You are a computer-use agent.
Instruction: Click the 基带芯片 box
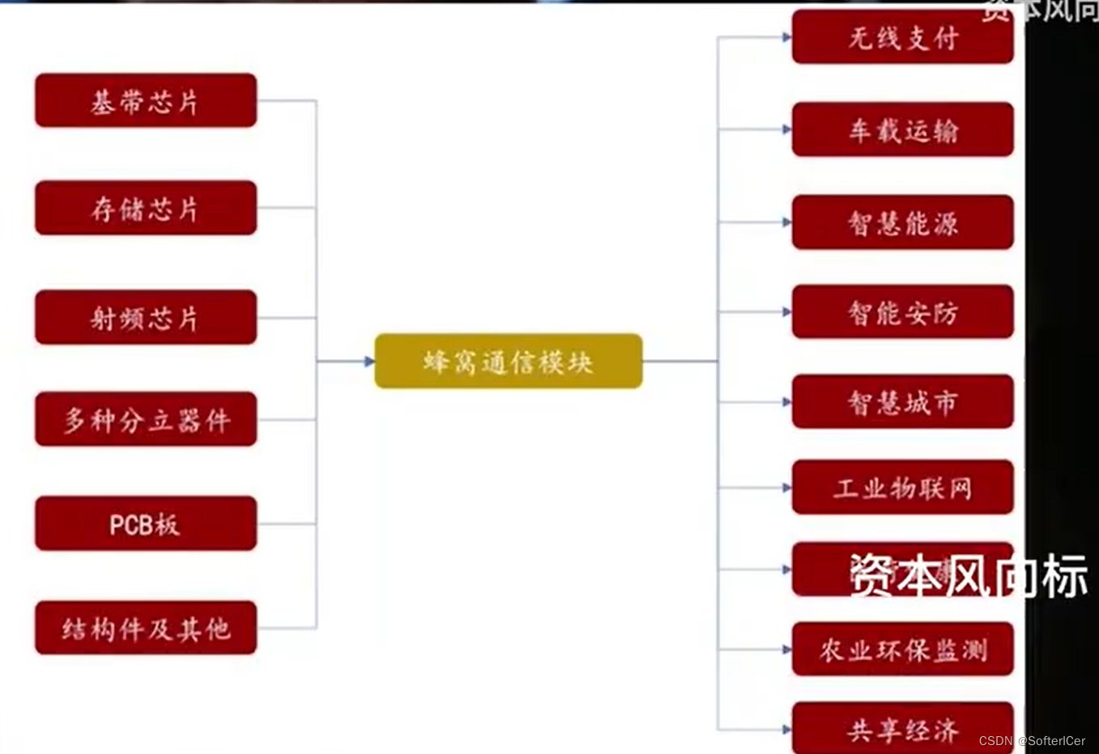(146, 100)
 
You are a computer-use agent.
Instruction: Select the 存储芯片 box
(146, 208)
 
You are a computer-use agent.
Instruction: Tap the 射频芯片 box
(146, 317)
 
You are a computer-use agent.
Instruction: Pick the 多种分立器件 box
(146, 419)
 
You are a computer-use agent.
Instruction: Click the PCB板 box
(146, 523)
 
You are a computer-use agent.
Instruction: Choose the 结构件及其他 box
(146, 628)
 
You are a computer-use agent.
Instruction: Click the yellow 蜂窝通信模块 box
(509, 361)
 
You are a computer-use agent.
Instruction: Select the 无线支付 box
(902, 37)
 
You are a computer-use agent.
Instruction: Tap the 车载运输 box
(902, 129)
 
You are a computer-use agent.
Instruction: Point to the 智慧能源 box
(902, 222)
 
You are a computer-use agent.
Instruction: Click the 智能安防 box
(902, 311)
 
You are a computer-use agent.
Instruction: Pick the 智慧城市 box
(902, 401)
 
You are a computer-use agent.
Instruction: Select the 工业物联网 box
(902, 487)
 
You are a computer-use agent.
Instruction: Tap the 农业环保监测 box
(902, 649)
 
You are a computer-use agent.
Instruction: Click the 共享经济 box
(902, 728)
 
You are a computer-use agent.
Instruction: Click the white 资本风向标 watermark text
(969, 576)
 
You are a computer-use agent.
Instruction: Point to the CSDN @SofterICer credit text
(1032, 741)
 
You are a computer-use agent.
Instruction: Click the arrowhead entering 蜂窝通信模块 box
(369, 361)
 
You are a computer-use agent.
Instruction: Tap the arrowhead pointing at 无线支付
(786, 37)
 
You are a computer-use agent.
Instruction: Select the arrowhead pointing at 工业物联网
(786, 488)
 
